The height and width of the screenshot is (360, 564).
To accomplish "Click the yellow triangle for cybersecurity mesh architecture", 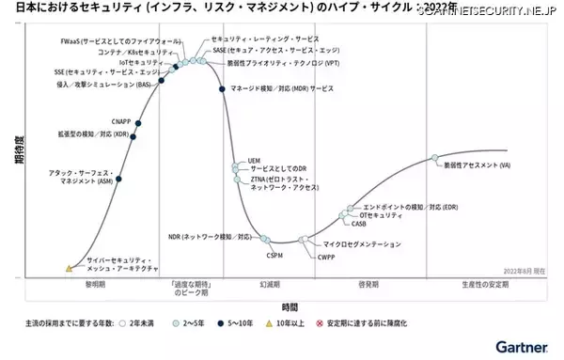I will pyautogui.click(x=69, y=268).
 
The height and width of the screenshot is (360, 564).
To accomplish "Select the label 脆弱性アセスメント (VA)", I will pyautogui.click(x=477, y=165).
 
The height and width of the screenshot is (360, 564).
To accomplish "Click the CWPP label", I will pyautogui.click(x=326, y=256).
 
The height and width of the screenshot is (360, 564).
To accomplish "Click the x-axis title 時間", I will pyautogui.click(x=290, y=305).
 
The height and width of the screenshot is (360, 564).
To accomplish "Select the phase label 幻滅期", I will pyautogui.click(x=271, y=283).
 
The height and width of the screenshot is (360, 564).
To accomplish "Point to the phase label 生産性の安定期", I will pyautogui.click(x=479, y=283).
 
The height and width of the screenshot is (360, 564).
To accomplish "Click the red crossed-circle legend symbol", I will pyautogui.click(x=317, y=322).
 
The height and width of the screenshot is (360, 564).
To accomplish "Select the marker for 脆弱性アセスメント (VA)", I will pyautogui.click(x=434, y=158).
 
